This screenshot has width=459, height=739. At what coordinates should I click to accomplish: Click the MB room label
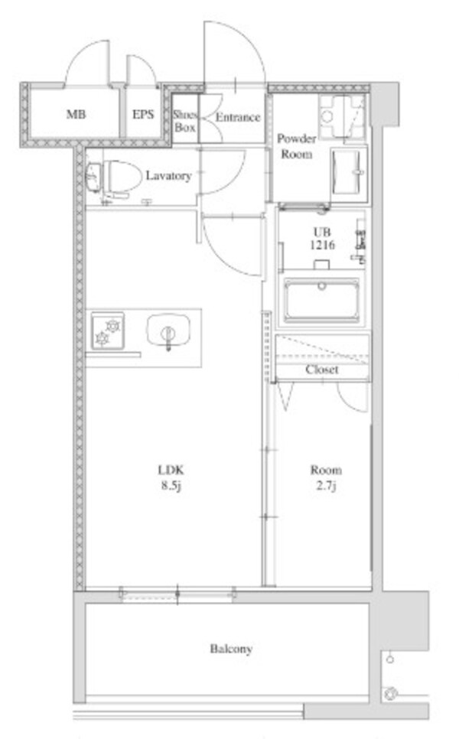tap(75, 116)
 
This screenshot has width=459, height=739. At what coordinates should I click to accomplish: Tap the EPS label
tap(143, 116)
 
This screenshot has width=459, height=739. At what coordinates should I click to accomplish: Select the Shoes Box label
tap(184, 122)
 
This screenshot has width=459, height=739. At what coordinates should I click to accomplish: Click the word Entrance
tap(237, 118)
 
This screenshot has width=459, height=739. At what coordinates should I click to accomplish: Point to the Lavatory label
tap(168, 176)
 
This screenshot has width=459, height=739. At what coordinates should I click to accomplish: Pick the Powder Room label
tap(295, 146)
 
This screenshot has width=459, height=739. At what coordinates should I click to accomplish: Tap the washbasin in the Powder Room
tap(348, 171)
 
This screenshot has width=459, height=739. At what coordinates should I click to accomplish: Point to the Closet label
tap(322, 369)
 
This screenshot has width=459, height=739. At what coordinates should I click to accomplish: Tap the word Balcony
tap(231, 649)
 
